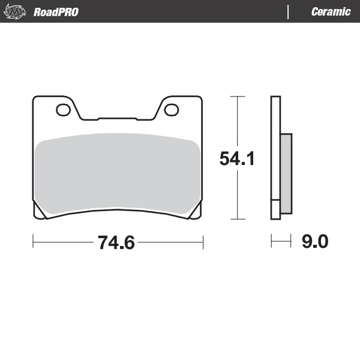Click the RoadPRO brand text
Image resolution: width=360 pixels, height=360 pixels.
(x=56, y=12)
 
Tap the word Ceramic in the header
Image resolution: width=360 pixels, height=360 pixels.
(x=331, y=12)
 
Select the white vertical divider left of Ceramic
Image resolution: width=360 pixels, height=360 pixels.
(x=288, y=12)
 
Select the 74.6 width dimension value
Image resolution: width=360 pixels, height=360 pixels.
(x=116, y=242)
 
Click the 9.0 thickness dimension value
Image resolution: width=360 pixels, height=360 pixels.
(x=314, y=242)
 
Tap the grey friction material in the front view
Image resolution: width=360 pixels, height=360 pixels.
(x=117, y=174)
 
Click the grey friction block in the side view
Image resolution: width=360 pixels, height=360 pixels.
(x=286, y=173)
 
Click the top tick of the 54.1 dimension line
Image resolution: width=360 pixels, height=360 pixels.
(x=238, y=96)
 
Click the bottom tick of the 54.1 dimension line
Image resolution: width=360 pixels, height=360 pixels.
(x=238, y=220)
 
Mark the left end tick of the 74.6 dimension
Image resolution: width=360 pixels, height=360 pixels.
(x=32, y=242)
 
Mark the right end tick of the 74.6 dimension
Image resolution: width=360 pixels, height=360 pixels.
(x=203, y=242)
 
